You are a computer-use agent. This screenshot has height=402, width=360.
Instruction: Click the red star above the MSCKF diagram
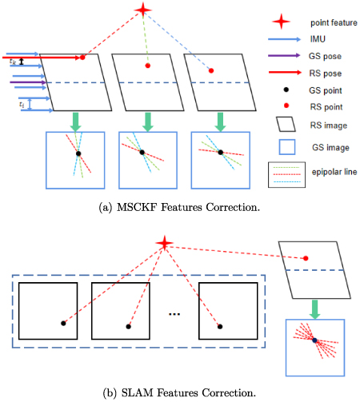(143, 10)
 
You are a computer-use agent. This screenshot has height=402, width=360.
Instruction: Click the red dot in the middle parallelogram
(147, 66)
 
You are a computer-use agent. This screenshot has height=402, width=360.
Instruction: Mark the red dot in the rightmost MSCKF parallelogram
(211, 71)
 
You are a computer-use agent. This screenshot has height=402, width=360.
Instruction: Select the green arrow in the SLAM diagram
(314, 304)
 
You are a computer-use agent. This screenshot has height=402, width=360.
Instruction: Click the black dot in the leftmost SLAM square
(63, 324)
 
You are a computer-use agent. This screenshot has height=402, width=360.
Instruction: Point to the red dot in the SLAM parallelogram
(306, 258)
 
